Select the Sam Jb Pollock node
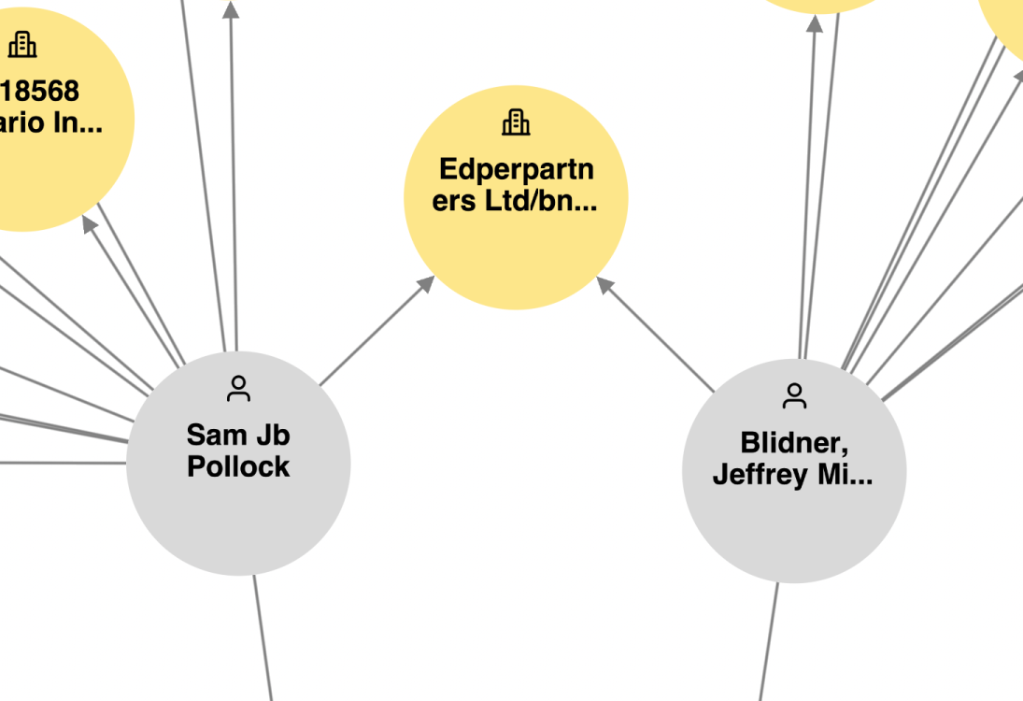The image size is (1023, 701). tap(238, 514)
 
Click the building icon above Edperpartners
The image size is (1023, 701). tap(516, 122)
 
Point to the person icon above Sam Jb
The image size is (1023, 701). tap(239, 389)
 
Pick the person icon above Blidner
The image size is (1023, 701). tap(794, 396)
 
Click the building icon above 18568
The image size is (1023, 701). tap(22, 43)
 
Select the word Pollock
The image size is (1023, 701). tap(238, 466)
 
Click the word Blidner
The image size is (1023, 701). tap(793, 442)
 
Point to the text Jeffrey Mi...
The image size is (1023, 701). tap(792, 475)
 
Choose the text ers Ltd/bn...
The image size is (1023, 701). tap(514, 201)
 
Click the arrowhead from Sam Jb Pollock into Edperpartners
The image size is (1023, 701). tap(426, 284)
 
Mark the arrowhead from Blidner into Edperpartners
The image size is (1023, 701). tap(605, 285)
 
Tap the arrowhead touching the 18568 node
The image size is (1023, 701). tap(90, 224)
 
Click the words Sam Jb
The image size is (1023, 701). tap(238, 435)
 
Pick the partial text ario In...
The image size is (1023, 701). tap(51, 122)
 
